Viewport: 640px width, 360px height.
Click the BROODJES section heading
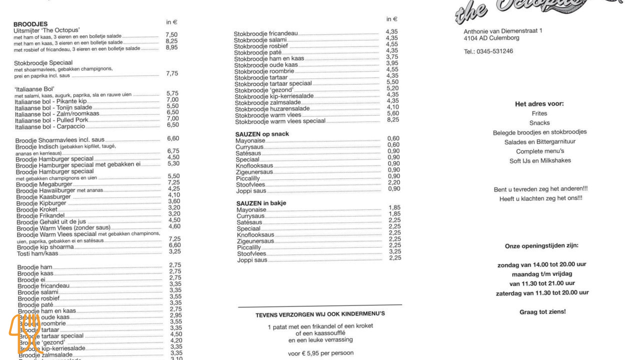(x=30, y=24)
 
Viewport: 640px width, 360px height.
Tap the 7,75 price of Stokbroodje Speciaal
(x=172, y=73)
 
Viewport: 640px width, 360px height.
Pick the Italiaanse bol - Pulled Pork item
(x=51, y=120)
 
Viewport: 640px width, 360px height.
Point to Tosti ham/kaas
(x=37, y=253)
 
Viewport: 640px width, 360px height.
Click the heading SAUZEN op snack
(x=262, y=134)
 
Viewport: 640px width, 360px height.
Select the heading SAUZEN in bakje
(x=261, y=203)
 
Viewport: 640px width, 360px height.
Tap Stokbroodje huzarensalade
(x=272, y=108)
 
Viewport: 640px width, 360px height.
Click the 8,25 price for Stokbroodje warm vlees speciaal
(x=392, y=119)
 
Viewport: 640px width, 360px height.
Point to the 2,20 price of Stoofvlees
(x=393, y=182)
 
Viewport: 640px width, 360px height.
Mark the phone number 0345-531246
(x=488, y=51)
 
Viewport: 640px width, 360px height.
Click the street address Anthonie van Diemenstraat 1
(x=503, y=31)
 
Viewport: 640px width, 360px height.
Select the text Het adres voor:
(x=539, y=104)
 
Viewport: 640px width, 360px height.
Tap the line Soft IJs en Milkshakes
(x=540, y=160)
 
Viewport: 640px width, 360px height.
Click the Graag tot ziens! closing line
(x=542, y=312)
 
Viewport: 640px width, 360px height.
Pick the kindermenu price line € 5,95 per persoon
(x=320, y=353)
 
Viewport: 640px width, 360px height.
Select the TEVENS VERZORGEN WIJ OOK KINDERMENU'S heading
(x=320, y=314)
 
